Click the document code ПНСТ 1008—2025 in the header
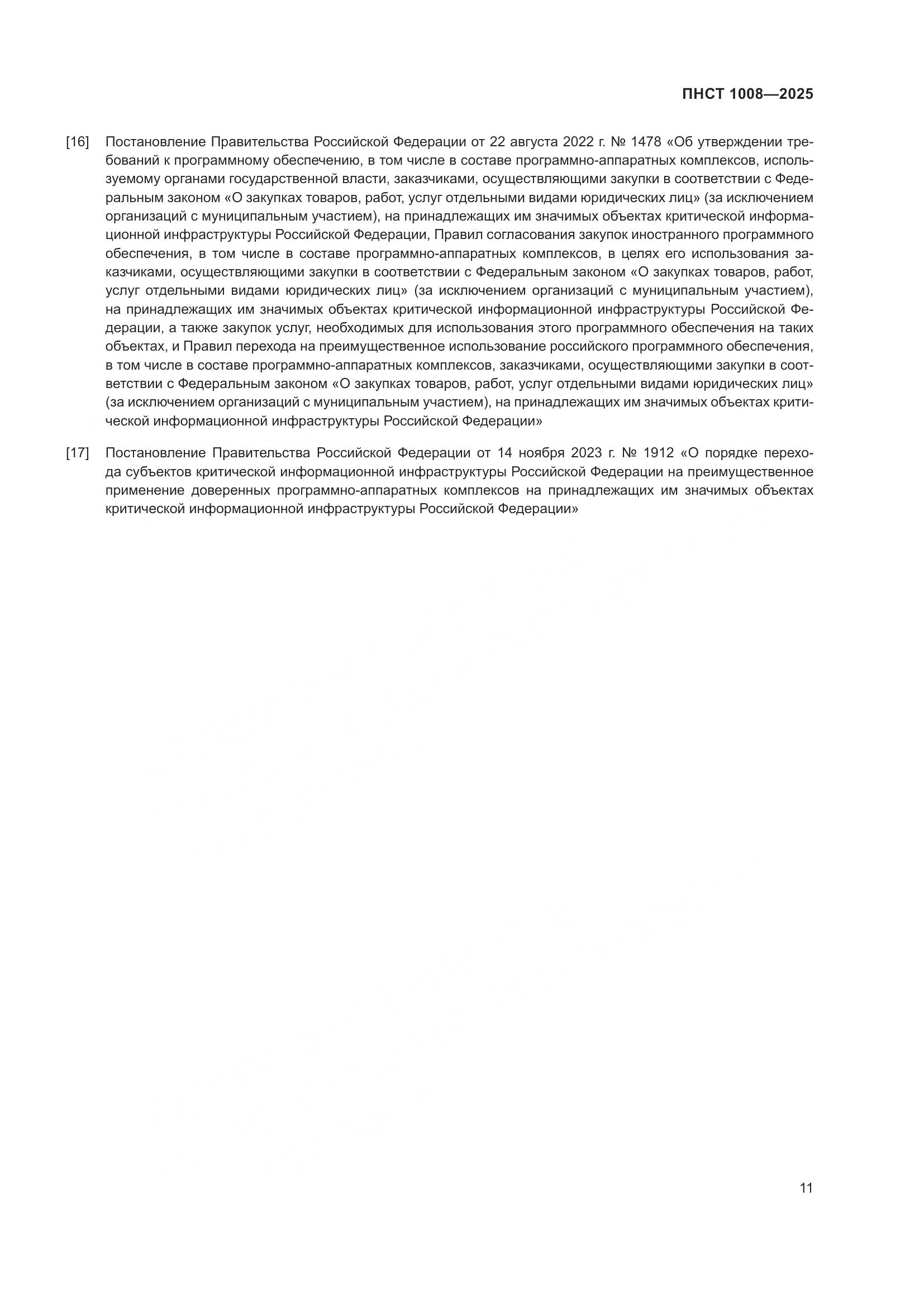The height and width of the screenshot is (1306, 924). (x=747, y=94)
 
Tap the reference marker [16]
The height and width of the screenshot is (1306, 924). (x=78, y=142)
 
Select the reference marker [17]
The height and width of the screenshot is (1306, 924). (x=78, y=453)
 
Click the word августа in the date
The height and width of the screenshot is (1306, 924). (x=531, y=142)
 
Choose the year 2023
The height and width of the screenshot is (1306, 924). (x=588, y=453)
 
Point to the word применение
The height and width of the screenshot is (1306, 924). (x=145, y=491)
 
